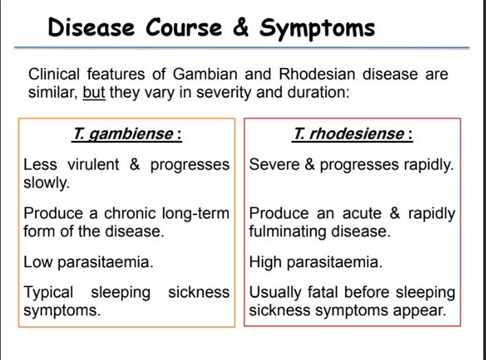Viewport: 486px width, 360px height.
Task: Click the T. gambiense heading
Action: click(123, 134)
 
